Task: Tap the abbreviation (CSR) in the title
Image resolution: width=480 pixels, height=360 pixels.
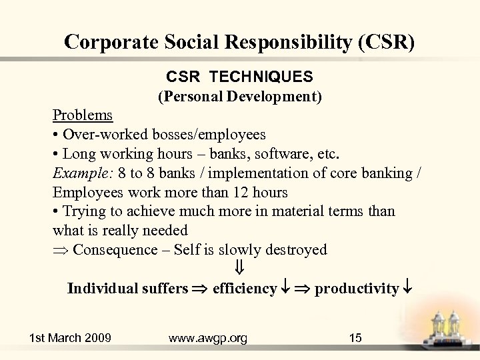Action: (386, 41)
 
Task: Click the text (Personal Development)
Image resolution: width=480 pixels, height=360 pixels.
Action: (240, 97)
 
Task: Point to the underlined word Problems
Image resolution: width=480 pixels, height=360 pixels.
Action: (83, 115)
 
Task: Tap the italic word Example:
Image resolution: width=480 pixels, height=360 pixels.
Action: (83, 173)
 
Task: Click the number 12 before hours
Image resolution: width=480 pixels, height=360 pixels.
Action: (239, 193)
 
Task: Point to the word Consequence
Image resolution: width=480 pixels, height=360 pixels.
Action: (113, 250)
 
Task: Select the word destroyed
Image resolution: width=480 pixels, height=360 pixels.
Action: (296, 250)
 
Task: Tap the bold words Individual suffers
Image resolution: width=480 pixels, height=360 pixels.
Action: (127, 289)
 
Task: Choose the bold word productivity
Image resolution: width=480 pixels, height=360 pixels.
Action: (356, 289)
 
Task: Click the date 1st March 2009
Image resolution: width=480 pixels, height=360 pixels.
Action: (71, 338)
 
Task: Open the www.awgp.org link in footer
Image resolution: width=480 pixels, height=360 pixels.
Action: (208, 338)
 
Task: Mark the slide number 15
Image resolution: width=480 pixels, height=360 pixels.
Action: (355, 338)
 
